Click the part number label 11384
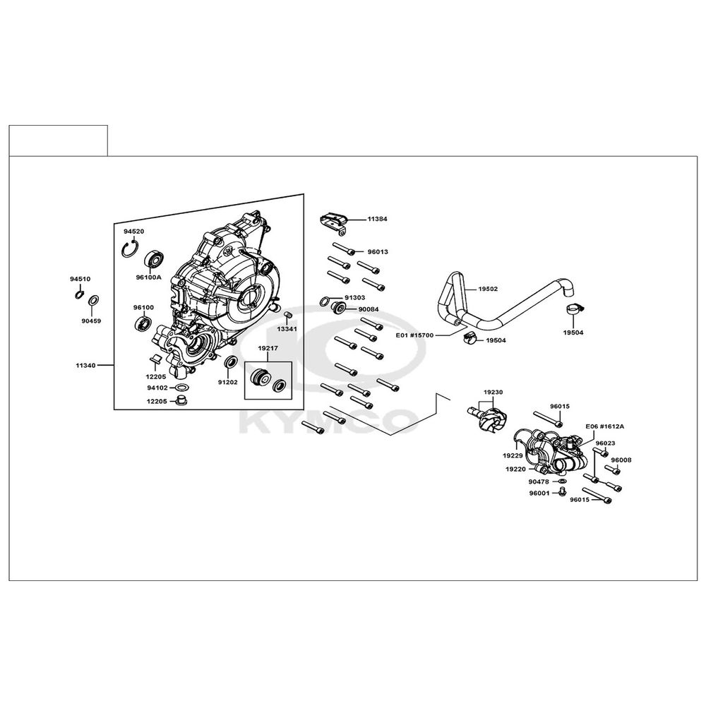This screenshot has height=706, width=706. pyautogui.click(x=377, y=219)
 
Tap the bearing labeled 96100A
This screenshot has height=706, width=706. pyautogui.click(x=153, y=259)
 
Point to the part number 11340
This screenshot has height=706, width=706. pyautogui.click(x=85, y=365)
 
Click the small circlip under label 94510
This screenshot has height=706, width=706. pyautogui.click(x=79, y=295)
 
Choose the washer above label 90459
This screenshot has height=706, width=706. pyautogui.click(x=95, y=301)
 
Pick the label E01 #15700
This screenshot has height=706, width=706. pyautogui.click(x=414, y=335)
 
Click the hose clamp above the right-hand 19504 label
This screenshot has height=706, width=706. pyautogui.click(x=573, y=309)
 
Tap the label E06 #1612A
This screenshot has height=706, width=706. pyautogui.click(x=605, y=426)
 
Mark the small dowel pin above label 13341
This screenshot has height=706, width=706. pyautogui.click(x=289, y=314)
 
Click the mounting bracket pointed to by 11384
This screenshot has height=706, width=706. pyautogui.click(x=334, y=223)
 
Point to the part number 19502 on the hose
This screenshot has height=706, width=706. pyautogui.click(x=488, y=289)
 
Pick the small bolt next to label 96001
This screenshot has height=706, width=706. pyautogui.click(x=561, y=492)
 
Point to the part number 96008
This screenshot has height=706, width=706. pyautogui.click(x=621, y=460)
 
